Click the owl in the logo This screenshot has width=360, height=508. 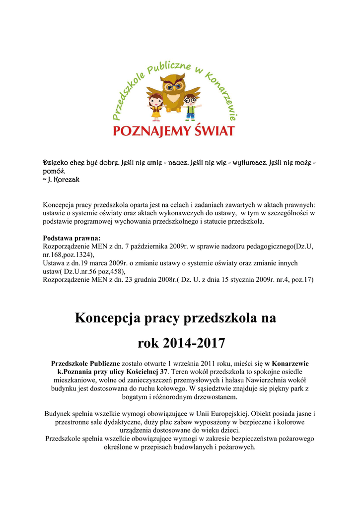[174, 92]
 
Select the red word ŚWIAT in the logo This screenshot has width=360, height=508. [210, 130]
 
